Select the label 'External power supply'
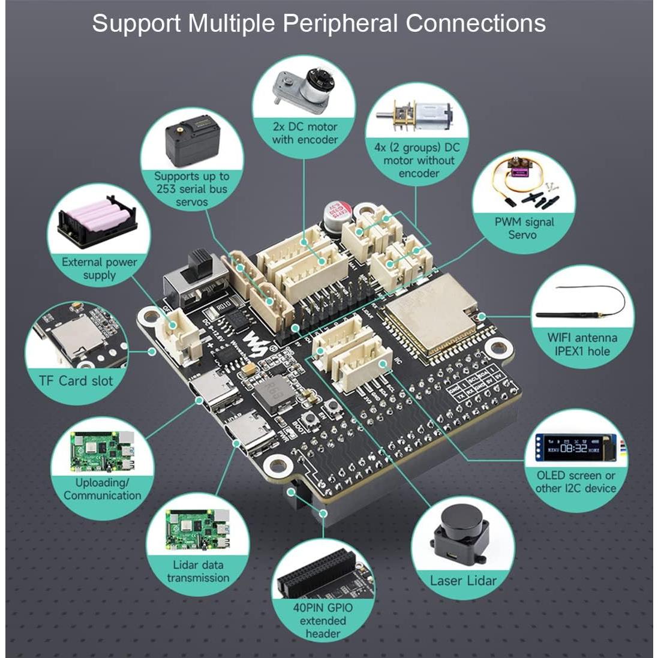pos(100,268)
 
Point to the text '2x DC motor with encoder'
pos(305,133)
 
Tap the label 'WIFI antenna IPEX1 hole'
pos(582,344)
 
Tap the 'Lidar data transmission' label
pos(198,571)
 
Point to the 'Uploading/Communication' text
pos(103,489)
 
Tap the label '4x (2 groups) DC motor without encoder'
pos(419,160)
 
